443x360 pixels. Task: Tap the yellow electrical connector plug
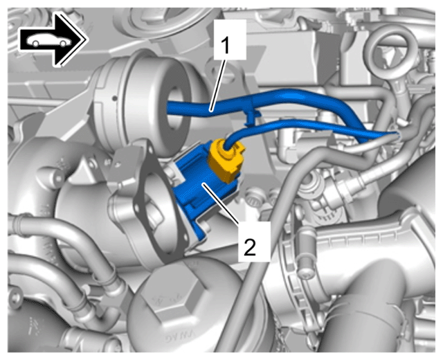click(x=226, y=159)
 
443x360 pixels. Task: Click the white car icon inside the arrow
click(x=48, y=40)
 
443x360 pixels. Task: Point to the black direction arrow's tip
click(x=85, y=39)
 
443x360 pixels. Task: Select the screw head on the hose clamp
click(x=305, y=272)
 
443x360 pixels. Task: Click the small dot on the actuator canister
click(x=114, y=98)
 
